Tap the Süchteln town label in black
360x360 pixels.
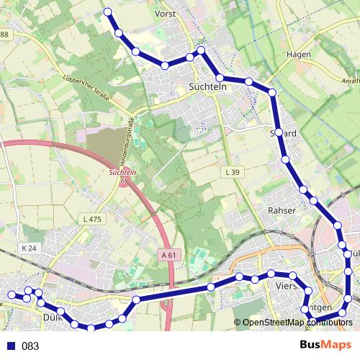tap(207, 86)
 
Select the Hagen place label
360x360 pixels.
tap(298, 54)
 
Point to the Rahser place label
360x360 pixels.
tap(282, 210)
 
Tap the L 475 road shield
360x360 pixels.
tap(92, 219)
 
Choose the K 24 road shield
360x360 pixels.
tap(29, 248)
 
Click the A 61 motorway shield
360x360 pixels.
tap(169, 255)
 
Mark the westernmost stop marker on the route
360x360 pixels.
tap(11, 294)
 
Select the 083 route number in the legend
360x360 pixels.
tap(30, 346)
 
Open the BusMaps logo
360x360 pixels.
tap(325, 345)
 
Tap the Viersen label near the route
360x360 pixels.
tap(282, 285)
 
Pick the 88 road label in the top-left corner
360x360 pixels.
tap(4, 35)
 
